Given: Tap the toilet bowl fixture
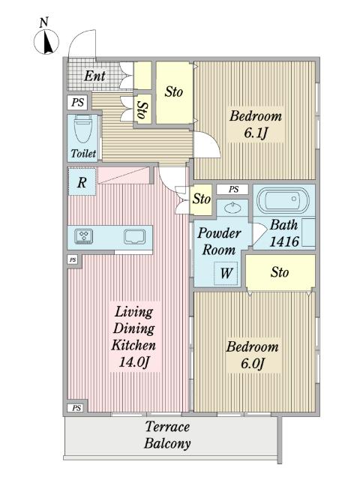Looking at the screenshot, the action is pyautogui.click(x=83, y=128).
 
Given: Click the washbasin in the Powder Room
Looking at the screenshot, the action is pyautogui.click(x=232, y=208).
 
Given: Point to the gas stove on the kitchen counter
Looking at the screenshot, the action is pyautogui.click(x=84, y=237).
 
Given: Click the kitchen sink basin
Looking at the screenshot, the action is pyautogui.click(x=134, y=237).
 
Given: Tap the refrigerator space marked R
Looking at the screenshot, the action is pyautogui.click(x=82, y=181).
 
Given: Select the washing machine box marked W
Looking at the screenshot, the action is pyautogui.click(x=226, y=273).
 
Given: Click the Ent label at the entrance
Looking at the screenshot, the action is pyautogui.click(x=94, y=76).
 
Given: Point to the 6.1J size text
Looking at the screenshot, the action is pyautogui.click(x=256, y=133).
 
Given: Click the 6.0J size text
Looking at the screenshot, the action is pyautogui.click(x=252, y=364).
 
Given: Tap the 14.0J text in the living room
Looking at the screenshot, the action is pyautogui.click(x=134, y=362).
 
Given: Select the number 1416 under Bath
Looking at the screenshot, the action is pyautogui.click(x=284, y=241).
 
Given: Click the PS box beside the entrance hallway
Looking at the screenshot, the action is pyautogui.click(x=77, y=102).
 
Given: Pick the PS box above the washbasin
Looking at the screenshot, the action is pyautogui.click(x=233, y=190).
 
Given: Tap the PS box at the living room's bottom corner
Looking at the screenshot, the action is pyautogui.click(x=76, y=408).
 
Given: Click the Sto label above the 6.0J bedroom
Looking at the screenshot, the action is pyautogui.click(x=280, y=271).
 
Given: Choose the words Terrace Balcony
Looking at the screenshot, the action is pyautogui.click(x=167, y=435).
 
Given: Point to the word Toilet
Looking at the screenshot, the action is pyautogui.click(x=83, y=153).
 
